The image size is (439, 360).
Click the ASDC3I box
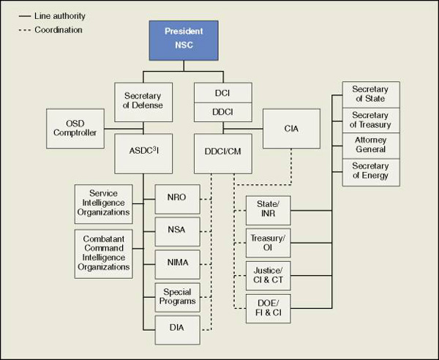coord(143,152)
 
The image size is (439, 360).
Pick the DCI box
coord(222,92)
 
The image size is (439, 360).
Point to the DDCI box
coord(222,112)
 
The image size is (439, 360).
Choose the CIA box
coord(291,129)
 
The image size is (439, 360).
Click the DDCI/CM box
coord(222,152)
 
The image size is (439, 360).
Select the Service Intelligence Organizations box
coord(104,204)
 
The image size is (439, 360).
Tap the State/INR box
coord(267,209)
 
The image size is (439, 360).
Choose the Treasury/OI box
coord(267,241)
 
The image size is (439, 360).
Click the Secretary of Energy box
coord(370,171)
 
